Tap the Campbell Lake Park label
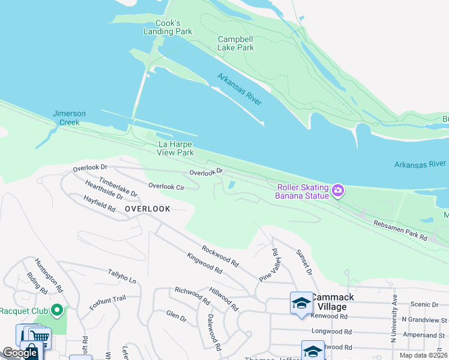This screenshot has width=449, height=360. (235, 43)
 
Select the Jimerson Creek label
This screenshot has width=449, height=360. (69, 118)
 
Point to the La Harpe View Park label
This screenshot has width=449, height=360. (176, 148)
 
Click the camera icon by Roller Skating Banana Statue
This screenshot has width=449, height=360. (338, 191)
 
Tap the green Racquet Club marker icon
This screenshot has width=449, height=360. (57, 310)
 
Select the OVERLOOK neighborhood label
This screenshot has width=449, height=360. (148, 209)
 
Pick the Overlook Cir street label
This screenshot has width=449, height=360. (166, 187)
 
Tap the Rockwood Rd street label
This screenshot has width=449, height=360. (220, 256)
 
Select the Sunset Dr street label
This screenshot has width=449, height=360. (304, 263)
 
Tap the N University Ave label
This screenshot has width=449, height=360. (394, 319)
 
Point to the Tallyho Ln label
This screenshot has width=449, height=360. (122, 277)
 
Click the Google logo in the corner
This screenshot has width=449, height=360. (20, 353)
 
